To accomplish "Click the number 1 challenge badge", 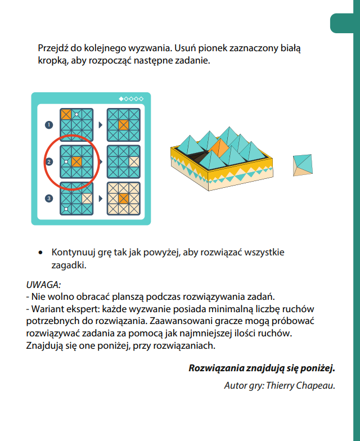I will click(x=49, y=124).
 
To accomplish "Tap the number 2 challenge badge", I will click(x=49, y=162).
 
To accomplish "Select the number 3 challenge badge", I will click(x=49, y=198).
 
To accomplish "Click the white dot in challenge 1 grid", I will click(x=76, y=115).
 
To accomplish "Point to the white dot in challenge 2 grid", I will click(x=66, y=162).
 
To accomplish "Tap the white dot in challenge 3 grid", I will click(x=66, y=209).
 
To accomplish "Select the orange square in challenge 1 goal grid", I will click(x=123, y=124).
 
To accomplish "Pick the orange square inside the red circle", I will click(x=76, y=162).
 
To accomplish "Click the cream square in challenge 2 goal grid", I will click(x=134, y=162).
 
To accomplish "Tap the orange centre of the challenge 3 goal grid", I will click(x=123, y=199).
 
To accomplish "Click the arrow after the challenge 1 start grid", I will click(x=101, y=124).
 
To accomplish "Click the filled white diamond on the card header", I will click(x=121, y=99).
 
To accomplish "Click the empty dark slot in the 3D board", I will click(x=202, y=158).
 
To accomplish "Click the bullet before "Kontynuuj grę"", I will click(x=41, y=253).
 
